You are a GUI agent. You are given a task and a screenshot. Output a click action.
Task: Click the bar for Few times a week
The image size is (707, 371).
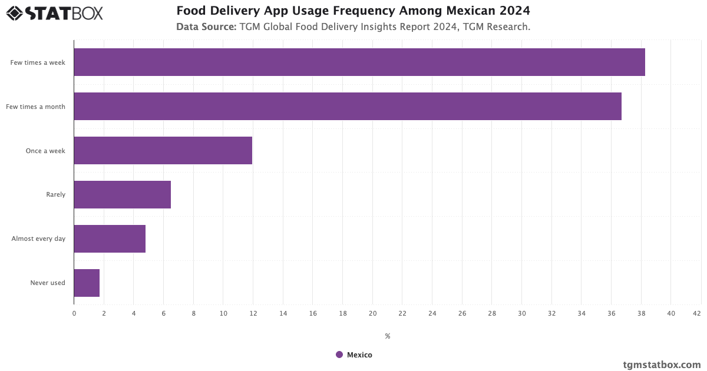point(359,62)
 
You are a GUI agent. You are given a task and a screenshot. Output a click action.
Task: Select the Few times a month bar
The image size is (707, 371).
point(348,107)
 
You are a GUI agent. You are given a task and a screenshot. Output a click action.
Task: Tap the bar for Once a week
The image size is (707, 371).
point(163,151)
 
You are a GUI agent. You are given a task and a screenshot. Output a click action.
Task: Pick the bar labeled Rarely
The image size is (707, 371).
point(123,195)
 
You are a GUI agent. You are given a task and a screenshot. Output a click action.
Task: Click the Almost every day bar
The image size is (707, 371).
point(110,239)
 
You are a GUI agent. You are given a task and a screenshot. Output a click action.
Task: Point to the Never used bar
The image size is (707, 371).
point(87,283)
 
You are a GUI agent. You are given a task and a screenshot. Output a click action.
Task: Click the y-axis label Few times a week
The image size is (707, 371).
point(38,62)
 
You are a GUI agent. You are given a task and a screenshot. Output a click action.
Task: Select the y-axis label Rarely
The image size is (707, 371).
point(56,195)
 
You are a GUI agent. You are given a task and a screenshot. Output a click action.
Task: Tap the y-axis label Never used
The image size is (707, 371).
point(48,283)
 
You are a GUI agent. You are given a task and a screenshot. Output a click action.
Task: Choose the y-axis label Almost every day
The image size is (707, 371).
point(38,239)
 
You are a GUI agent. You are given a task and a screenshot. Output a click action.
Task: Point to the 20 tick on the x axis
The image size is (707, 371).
point(372,314)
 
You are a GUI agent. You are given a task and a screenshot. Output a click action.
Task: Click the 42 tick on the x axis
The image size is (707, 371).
point(697,314)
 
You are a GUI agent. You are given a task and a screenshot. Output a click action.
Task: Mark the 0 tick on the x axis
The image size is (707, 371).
point(74,314)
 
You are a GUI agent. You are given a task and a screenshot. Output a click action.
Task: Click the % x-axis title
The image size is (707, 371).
point(388,336)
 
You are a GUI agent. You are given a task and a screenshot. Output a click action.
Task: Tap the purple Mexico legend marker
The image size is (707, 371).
point(339,355)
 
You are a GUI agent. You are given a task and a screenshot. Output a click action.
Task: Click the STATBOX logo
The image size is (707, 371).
point(54,13)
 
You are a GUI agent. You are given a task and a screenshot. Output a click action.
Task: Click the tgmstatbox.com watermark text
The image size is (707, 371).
point(662,365)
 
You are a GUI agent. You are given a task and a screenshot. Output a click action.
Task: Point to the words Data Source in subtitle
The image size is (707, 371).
point(206,27)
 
